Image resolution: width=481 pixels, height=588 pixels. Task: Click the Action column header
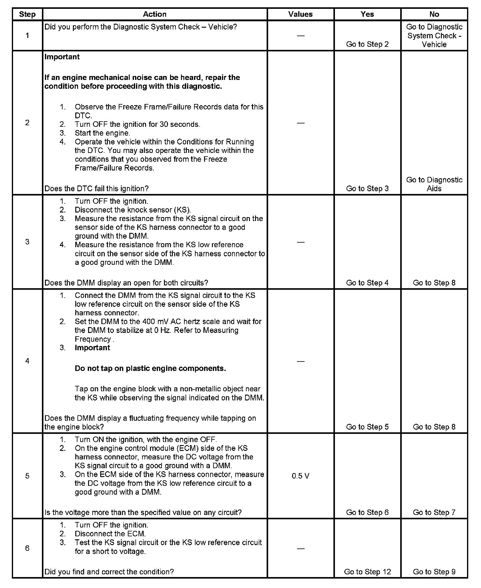tap(155, 14)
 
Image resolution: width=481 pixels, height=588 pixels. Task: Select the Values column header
tap(300, 14)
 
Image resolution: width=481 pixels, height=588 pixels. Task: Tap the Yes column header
tap(367, 14)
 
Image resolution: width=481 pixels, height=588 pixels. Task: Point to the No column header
tap(434, 14)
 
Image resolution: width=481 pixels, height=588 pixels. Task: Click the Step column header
tap(27, 14)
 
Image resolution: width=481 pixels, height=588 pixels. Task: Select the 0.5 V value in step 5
tap(300, 476)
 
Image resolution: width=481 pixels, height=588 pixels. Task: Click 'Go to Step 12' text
tap(367, 572)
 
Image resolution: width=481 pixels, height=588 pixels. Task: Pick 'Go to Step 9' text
tap(434, 572)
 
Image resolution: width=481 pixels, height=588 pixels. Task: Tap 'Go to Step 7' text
tap(434, 512)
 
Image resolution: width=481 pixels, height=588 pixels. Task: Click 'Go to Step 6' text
tap(367, 512)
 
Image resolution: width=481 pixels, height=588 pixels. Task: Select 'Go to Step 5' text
tap(367, 427)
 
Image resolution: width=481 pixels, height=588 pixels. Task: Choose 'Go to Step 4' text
tap(367, 283)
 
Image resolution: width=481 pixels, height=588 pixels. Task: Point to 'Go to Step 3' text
tap(367, 189)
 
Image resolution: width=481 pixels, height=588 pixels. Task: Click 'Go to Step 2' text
tap(367, 44)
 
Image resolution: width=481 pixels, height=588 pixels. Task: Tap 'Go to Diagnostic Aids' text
tap(434, 184)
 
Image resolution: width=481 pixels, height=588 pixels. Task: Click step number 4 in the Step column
tap(27, 361)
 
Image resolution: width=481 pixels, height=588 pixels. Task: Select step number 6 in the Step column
tap(27, 548)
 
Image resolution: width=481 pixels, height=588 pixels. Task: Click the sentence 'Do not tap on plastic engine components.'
tap(150, 368)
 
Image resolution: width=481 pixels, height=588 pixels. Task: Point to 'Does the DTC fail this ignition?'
tap(97, 189)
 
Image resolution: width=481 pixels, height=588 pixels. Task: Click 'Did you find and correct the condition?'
tap(109, 572)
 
